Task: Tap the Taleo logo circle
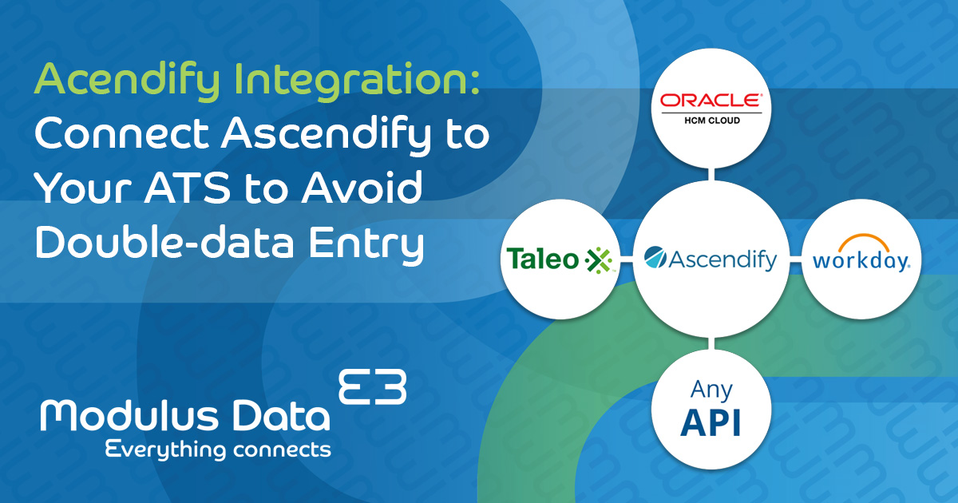[x=559, y=259]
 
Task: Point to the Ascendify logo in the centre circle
[x=711, y=259]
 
